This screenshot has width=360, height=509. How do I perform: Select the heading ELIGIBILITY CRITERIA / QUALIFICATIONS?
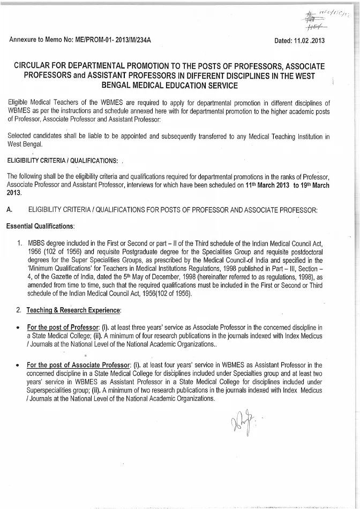click(61, 161)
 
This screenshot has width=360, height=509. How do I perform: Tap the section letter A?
click(9, 210)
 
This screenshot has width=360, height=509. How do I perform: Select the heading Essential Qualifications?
click(41, 226)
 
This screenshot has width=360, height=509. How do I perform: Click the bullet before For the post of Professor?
click(19, 328)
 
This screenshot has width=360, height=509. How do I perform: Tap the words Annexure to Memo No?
click(40, 40)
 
